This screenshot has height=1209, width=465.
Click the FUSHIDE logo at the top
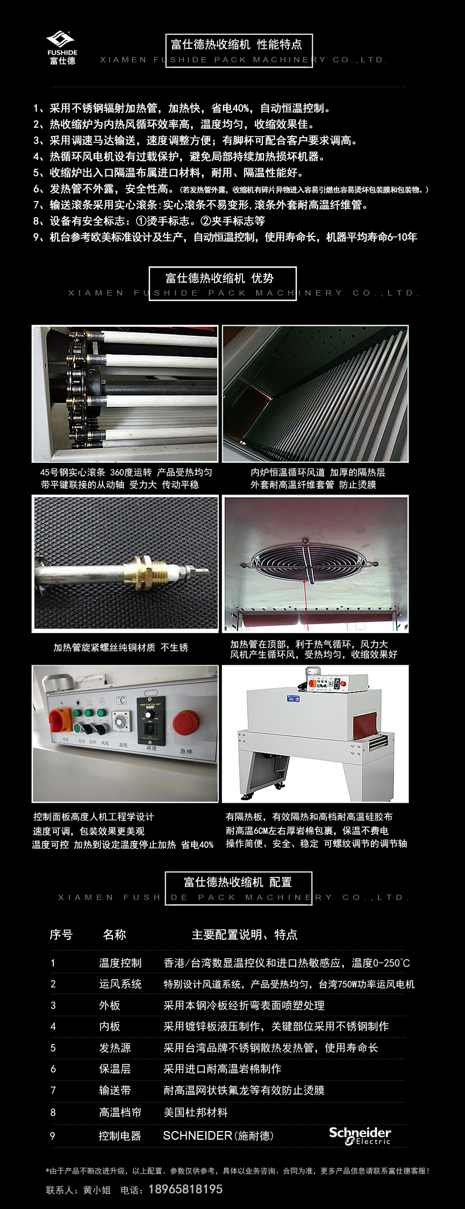(62, 48)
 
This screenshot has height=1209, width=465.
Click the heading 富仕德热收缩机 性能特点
(236, 44)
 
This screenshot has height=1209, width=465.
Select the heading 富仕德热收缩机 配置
(238, 882)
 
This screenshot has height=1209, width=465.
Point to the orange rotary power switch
(60, 720)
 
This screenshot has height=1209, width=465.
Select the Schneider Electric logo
(360, 1135)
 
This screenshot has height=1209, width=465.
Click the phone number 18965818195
(185, 1190)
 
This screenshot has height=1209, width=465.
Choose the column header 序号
(61, 934)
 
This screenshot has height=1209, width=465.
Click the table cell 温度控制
(120, 963)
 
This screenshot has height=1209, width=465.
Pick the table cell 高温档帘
(120, 1112)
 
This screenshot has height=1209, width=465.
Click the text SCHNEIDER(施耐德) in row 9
(218, 1135)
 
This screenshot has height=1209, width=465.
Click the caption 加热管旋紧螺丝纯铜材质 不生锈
(121, 647)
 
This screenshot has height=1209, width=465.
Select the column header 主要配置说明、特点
(245, 934)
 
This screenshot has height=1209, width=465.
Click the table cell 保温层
(115, 1069)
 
